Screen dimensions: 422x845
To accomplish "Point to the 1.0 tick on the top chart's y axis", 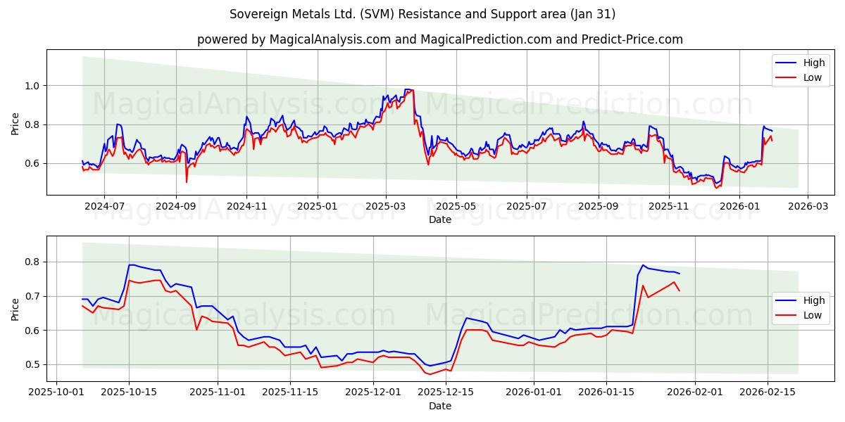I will pyautogui.click(x=30, y=86).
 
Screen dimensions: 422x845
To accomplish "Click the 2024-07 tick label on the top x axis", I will pyautogui.click(x=104, y=207).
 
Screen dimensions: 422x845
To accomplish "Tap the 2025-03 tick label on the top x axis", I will pyautogui.click(x=385, y=207).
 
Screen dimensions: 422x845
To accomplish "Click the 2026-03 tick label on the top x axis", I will pyautogui.click(x=807, y=207).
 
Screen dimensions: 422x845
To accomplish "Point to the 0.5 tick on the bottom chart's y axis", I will pyautogui.click(x=30, y=364).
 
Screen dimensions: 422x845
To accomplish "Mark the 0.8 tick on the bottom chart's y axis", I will pyautogui.click(x=30, y=262).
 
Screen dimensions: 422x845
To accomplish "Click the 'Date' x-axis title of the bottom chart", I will pyautogui.click(x=440, y=406).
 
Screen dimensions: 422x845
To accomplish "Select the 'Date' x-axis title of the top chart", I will pyautogui.click(x=440, y=219).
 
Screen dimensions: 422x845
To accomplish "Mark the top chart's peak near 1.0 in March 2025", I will pyautogui.click(x=408, y=89).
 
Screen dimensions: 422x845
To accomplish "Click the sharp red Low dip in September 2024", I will pyautogui.click(x=187, y=182).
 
